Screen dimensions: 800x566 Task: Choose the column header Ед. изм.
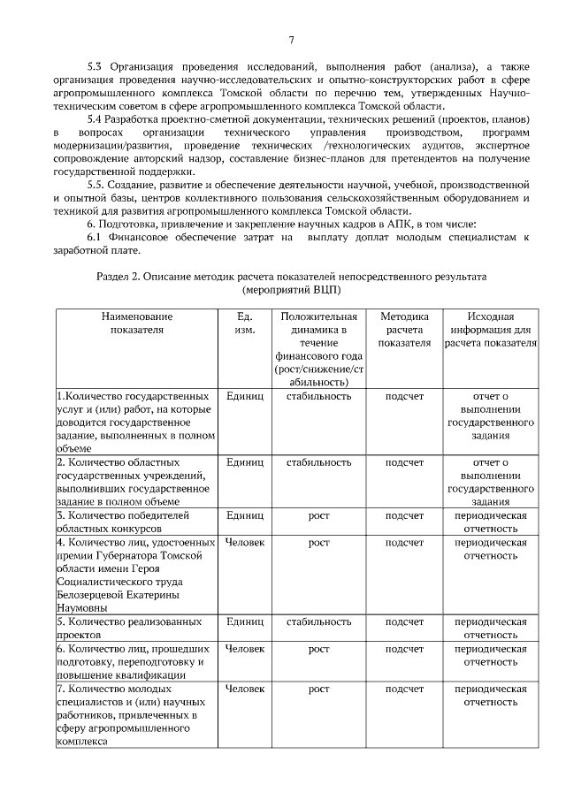(245, 323)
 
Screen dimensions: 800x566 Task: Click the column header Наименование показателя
(136, 323)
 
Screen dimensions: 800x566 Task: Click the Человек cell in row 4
(245, 541)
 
